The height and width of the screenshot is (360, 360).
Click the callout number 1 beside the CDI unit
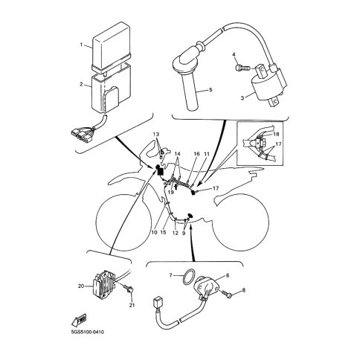[x=81, y=45]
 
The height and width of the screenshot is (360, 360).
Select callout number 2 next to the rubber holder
[x=81, y=84]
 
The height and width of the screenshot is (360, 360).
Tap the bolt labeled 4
[x=242, y=67]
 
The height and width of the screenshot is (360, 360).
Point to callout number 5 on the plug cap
[x=210, y=90]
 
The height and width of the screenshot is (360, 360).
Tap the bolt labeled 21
[x=128, y=289]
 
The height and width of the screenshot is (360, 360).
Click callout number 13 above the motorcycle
[x=156, y=135]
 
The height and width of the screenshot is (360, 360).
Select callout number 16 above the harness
[x=196, y=154]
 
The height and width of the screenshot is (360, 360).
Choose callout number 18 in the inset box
[x=276, y=134]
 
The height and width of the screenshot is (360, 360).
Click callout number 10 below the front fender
[x=154, y=233]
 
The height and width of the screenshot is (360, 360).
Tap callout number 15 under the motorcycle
[x=163, y=233]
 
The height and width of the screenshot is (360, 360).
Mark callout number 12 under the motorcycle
[x=176, y=233]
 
